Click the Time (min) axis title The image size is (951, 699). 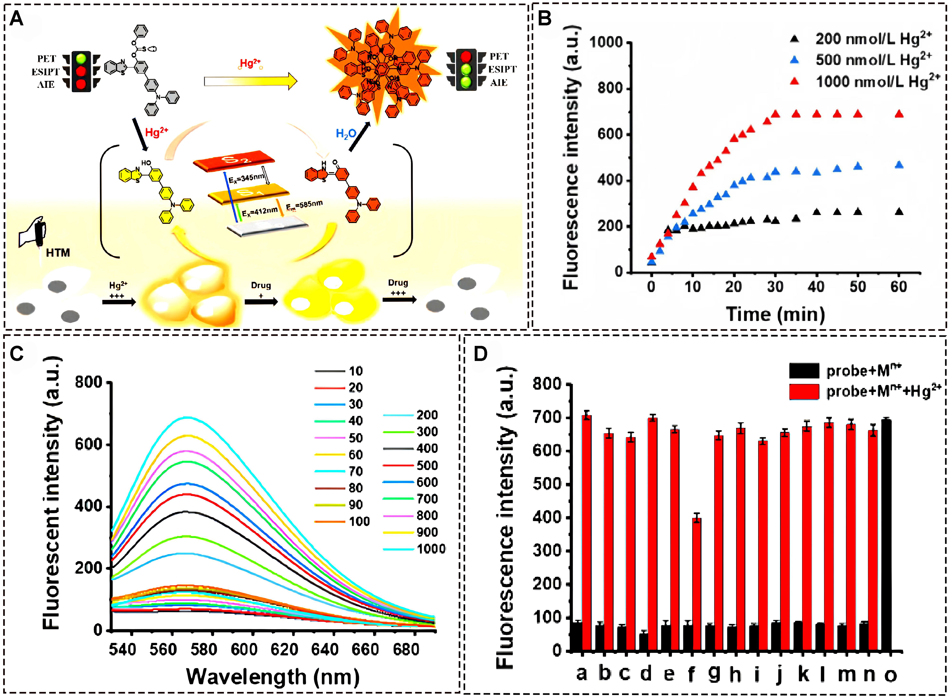pyautogui.click(x=775, y=314)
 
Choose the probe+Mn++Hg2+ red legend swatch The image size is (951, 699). pyautogui.click(x=804, y=391)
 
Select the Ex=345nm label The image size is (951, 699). pyautogui.click(x=247, y=178)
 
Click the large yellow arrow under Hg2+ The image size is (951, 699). pyautogui.click(x=250, y=81)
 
